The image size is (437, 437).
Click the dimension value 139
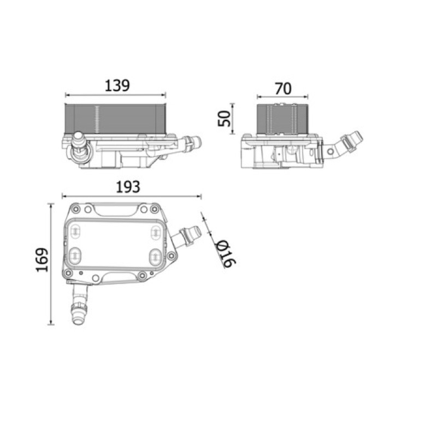pyautogui.click(x=117, y=86)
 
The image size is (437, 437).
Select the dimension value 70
pyautogui.click(x=283, y=88)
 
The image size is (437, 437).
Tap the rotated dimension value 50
pyautogui.click(x=225, y=119)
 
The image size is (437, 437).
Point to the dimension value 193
pyautogui.click(x=128, y=187)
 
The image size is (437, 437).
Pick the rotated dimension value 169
pyautogui.click(x=43, y=260)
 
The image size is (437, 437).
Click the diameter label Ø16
pyautogui.click(x=226, y=253)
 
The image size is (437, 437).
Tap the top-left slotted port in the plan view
pyautogui.click(x=75, y=231)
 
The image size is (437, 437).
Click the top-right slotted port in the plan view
pyautogui.click(x=155, y=232)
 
